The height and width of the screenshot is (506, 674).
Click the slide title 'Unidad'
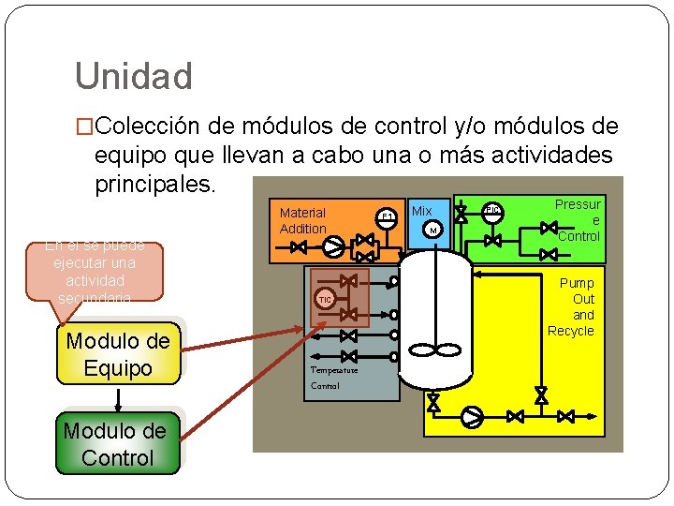coord(133,76)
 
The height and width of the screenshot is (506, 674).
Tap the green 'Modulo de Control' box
coord(117,444)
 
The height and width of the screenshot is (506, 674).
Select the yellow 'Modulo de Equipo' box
coord(118,354)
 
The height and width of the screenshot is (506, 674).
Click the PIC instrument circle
coord(493,210)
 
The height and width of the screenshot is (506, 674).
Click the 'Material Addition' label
coord(302,220)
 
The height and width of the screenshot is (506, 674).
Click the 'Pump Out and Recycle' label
coord(573,306)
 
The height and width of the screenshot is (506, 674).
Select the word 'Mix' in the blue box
coord(422,211)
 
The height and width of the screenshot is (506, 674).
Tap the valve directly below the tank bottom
coord(433,403)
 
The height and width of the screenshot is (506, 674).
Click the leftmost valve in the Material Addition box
coord(299,247)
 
